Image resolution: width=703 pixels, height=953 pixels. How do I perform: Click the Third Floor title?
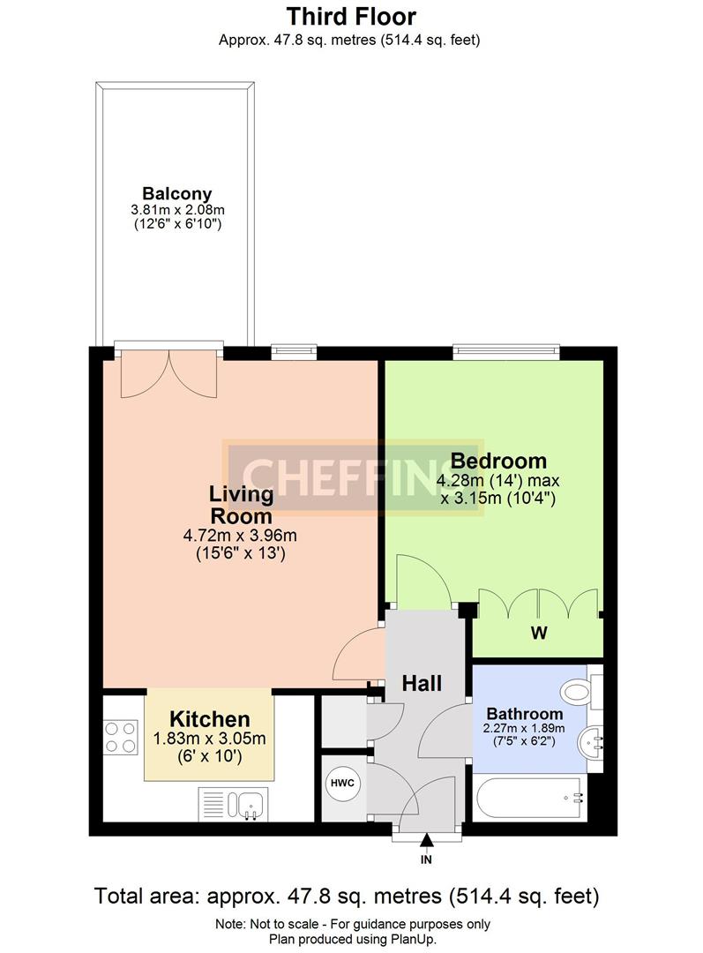coord(351,17)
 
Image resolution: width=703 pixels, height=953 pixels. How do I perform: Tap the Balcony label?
coord(176,194)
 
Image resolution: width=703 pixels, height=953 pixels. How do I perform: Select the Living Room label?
coord(241,505)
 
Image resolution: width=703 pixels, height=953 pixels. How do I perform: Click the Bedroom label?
coord(498,460)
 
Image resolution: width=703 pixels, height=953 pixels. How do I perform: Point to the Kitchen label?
coord(210,719)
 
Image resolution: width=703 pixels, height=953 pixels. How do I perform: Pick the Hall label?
coord(422,683)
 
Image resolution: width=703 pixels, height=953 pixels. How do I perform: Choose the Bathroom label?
coord(525,714)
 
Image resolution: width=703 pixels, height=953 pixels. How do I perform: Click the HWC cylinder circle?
coord(343,783)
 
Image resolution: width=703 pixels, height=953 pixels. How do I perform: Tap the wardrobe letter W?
coord(539,633)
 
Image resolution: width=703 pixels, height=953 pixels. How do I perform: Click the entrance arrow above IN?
coord(427,840)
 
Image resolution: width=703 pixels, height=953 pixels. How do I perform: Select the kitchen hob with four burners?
coord(120,737)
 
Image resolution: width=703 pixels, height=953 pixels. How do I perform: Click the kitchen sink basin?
coord(249,805)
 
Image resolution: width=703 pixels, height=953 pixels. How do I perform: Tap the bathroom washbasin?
coord(590,742)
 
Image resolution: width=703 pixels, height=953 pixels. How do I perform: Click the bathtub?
coord(530,797)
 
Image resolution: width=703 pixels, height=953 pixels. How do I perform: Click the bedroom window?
coord(505,349)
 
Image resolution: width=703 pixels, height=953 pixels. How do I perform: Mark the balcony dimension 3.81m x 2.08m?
coord(177,210)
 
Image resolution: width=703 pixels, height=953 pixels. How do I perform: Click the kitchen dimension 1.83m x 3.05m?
coord(210,739)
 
